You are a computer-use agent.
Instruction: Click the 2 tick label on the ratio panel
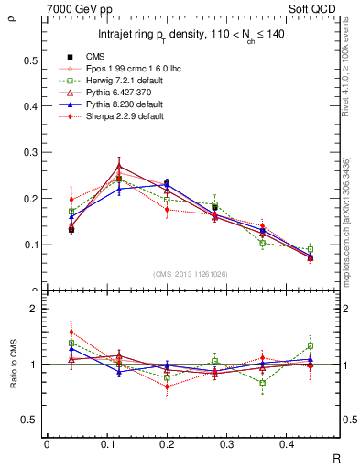(x=33, y=310)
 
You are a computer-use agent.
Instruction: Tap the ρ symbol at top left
(x=12, y=16)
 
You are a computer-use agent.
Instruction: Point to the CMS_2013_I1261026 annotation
(x=191, y=274)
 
